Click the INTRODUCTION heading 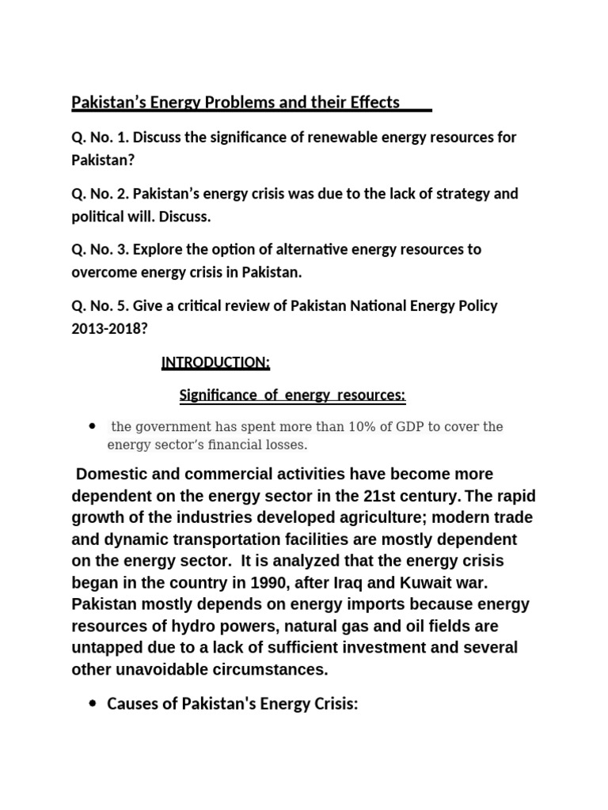tap(215, 362)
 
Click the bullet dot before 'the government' tap(93, 426)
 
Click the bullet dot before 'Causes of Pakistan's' tap(93, 704)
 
